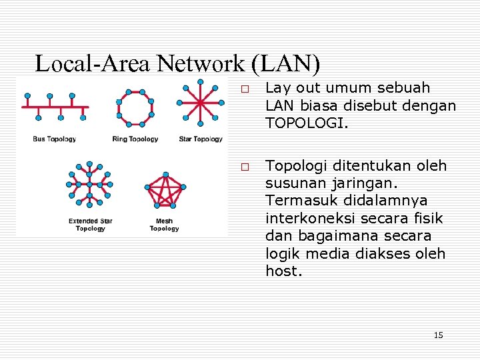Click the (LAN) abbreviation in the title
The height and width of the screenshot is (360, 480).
[287, 64]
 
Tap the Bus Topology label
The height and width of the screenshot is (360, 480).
[55, 139]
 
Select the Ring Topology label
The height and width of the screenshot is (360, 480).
[135, 139]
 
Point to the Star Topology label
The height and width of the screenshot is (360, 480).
[201, 139]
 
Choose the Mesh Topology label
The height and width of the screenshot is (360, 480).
[164, 225]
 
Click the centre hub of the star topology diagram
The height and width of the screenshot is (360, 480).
[201, 103]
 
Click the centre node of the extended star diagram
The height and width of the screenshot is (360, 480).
[89, 184]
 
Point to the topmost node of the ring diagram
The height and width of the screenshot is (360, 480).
[135, 91]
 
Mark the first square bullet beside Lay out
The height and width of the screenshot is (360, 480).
[245, 89]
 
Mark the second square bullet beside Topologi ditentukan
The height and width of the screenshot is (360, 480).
[245, 167]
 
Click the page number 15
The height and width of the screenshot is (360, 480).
[438, 335]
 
